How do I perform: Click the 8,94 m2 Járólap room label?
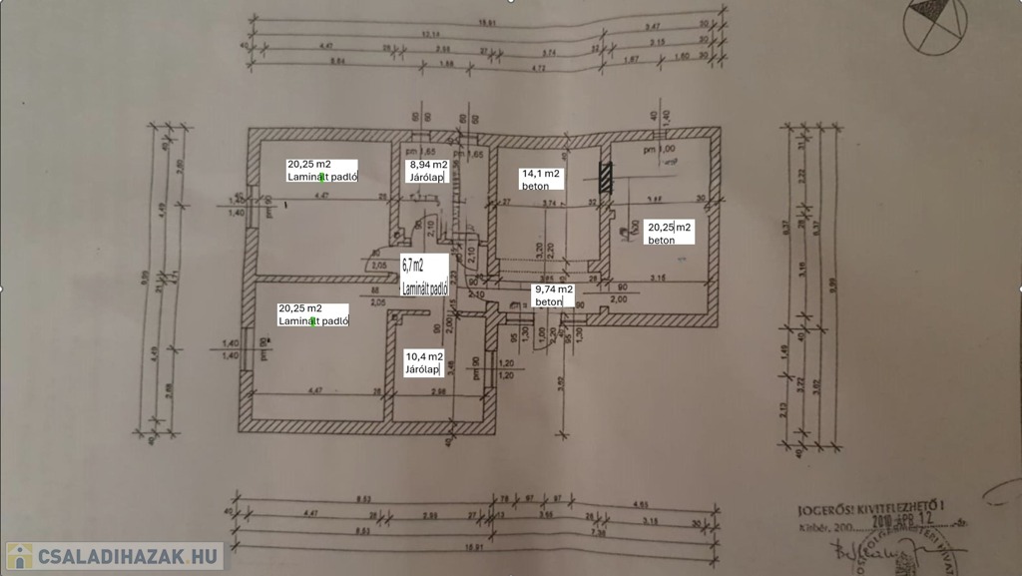tap(427, 171)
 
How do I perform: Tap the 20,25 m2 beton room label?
tap(669, 233)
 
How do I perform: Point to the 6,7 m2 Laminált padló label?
tap(425, 277)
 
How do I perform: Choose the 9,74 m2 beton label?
tap(553, 294)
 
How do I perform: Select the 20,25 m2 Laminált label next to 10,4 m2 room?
tap(313, 314)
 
